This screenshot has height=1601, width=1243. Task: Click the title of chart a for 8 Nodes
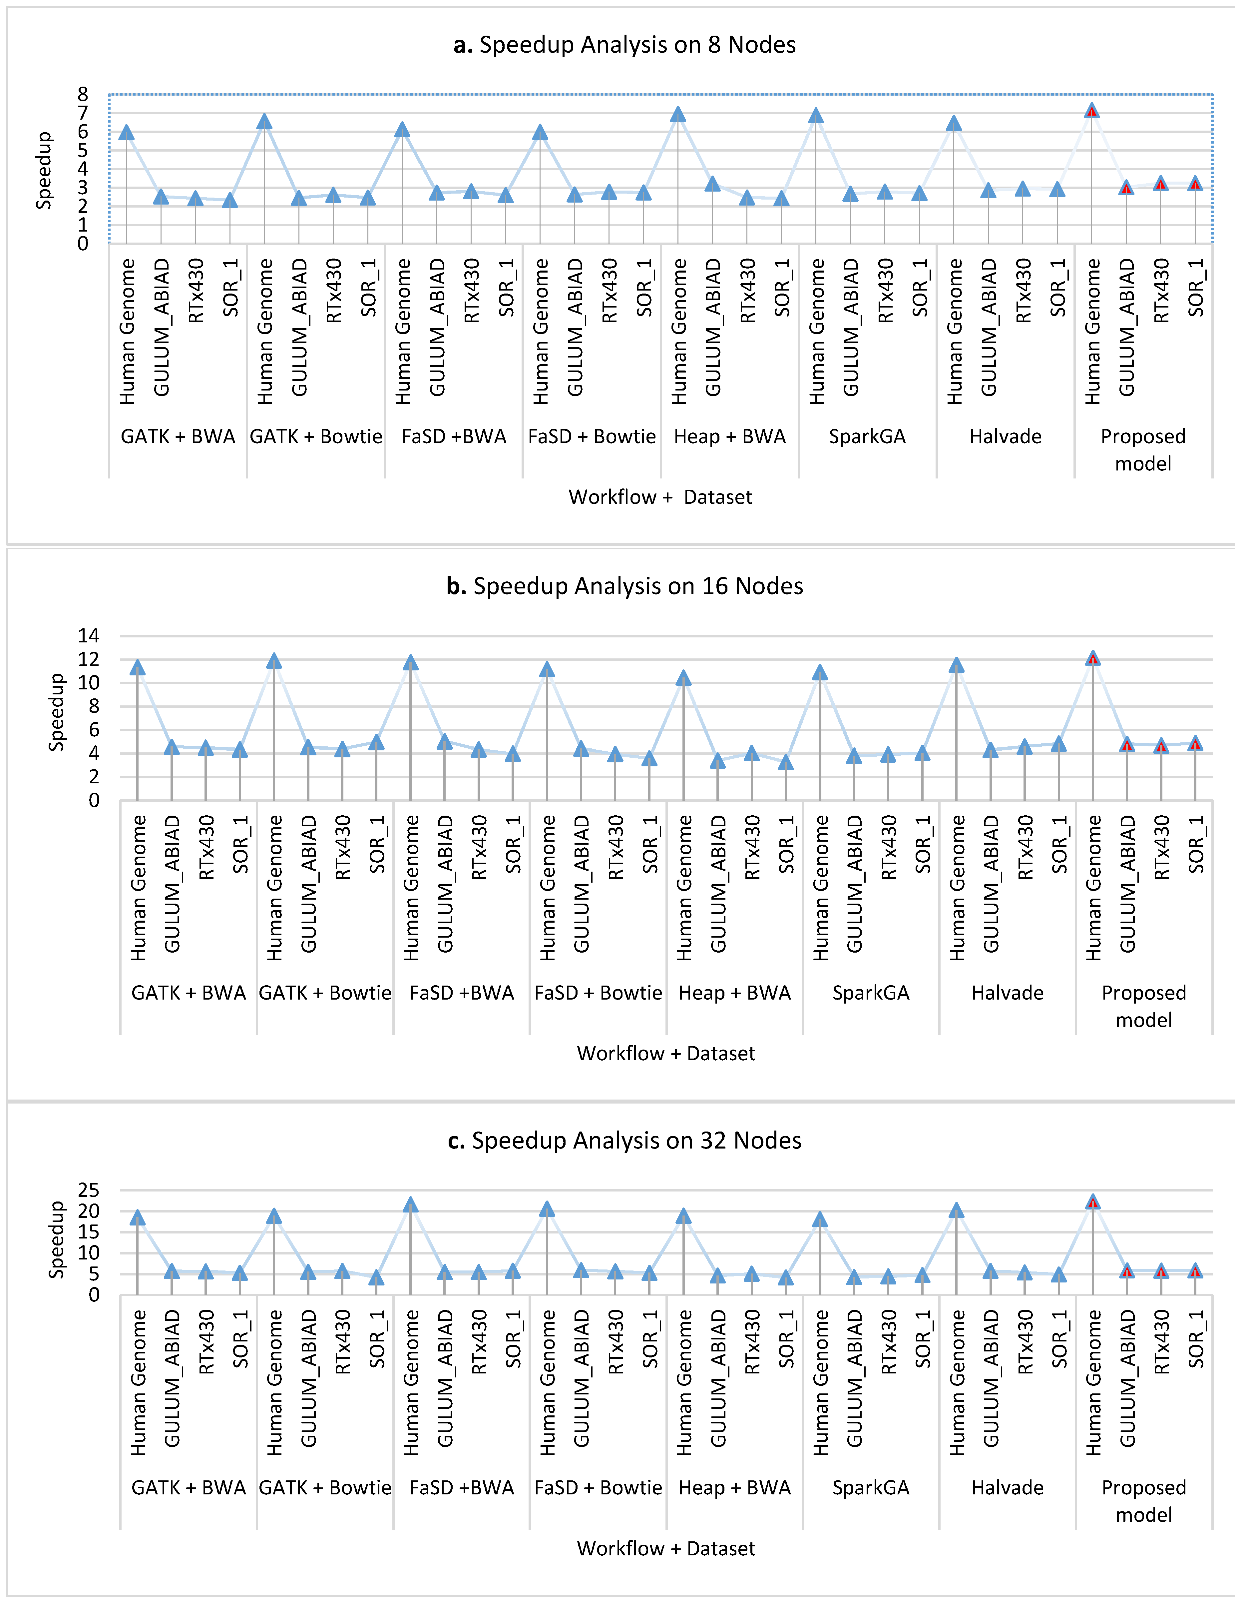(x=624, y=45)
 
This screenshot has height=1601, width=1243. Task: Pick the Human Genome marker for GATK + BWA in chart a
(x=126, y=132)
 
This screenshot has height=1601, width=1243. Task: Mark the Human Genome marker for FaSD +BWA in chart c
(x=410, y=1204)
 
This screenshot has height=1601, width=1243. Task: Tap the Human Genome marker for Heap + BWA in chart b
(x=683, y=678)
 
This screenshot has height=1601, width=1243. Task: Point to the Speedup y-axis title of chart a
(x=44, y=170)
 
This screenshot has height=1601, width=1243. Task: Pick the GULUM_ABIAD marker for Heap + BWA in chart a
(x=712, y=184)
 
